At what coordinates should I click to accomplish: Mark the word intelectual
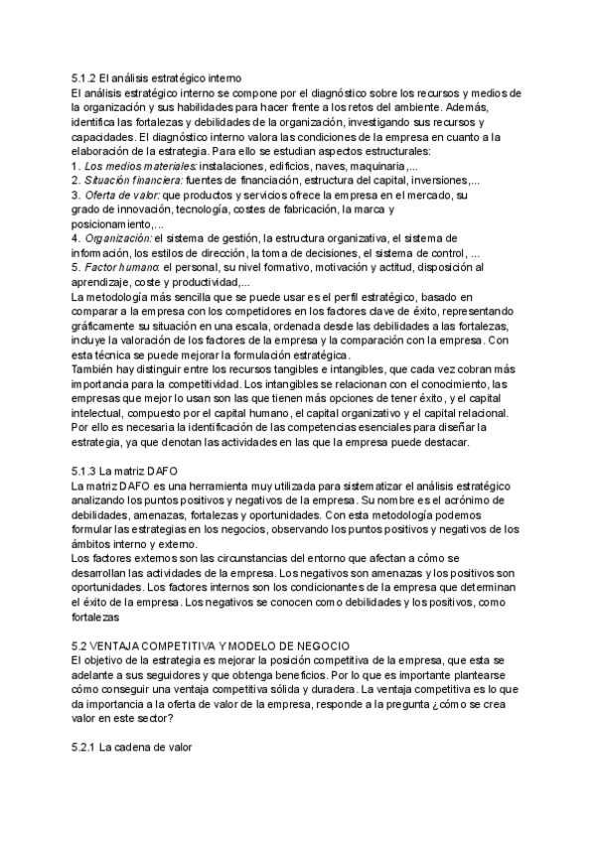tap(103, 413)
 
